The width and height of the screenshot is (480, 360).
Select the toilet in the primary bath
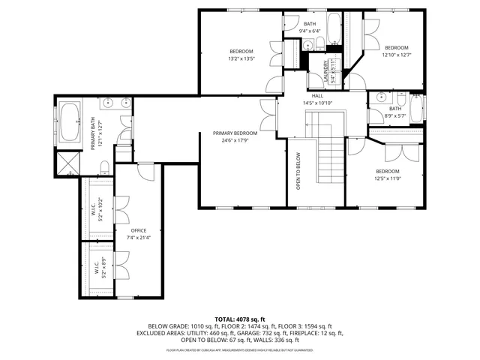(106, 166)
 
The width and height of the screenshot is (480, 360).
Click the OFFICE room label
(138, 230)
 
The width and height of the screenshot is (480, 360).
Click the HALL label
(317, 96)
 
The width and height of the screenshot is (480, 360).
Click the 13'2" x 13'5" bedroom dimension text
(241, 58)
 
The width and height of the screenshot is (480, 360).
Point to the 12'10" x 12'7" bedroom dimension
(397, 54)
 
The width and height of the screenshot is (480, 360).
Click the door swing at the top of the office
(148, 172)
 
